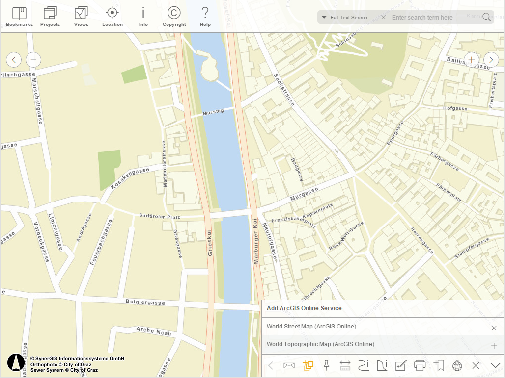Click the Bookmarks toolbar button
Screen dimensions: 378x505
point(19,16)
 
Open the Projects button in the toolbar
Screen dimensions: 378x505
point(50,16)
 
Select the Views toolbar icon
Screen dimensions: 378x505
point(81,16)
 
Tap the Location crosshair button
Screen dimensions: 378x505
point(112,16)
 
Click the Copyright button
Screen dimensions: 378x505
point(174,16)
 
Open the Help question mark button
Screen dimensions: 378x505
point(205,16)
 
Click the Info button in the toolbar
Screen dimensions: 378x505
point(143,16)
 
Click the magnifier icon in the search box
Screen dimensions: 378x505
point(486,17)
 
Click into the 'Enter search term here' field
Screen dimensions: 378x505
point(432,18)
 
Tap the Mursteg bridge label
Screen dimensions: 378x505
point(213,111)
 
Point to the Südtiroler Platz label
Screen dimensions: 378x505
point(159,216)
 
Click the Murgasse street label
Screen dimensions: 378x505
point(304,194)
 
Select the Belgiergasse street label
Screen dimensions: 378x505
point(145,302)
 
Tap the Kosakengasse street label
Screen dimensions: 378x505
point(130,177)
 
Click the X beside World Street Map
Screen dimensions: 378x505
point(494,328)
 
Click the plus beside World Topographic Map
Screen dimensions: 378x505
point(494,346)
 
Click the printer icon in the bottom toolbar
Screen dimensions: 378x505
point(420,365)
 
